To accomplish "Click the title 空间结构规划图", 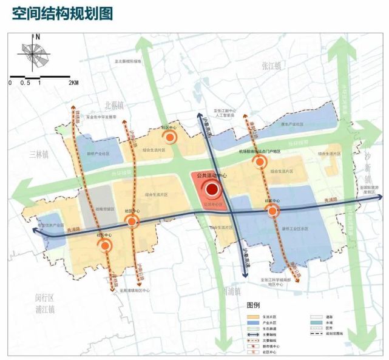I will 63,13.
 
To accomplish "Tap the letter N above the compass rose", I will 38,37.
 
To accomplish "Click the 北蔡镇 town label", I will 113,104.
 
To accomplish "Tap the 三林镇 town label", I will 36,154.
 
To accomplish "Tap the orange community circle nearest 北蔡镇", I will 171,137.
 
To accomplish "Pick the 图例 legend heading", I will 253,305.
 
